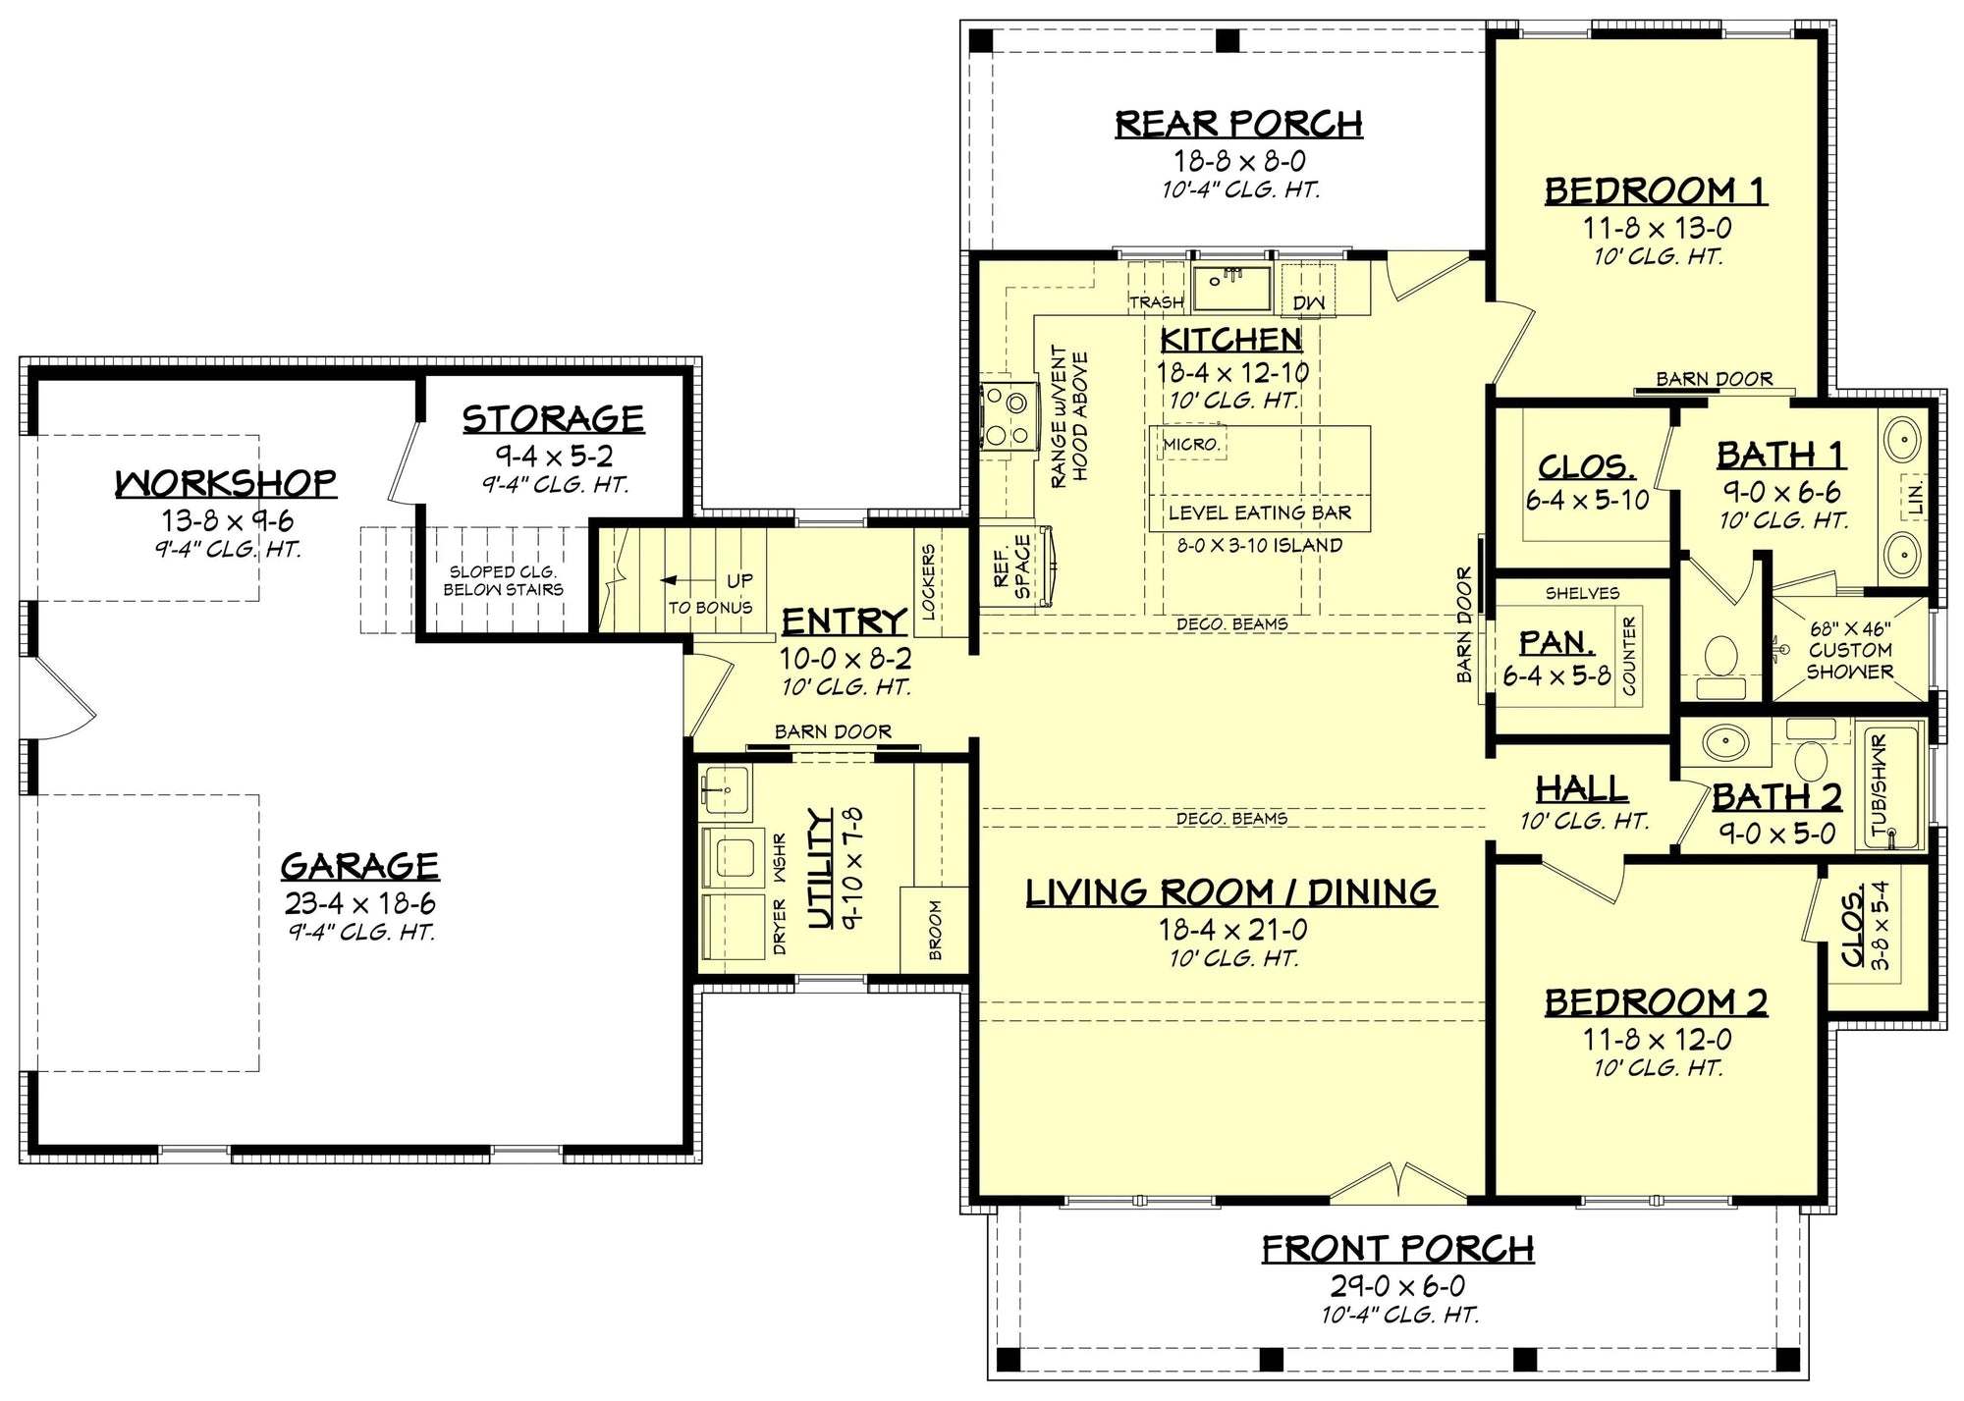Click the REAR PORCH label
1238,124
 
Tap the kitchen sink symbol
1231,286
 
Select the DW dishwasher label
1308,303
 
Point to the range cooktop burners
1008,418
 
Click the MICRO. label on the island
1191,445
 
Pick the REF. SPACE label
1012,566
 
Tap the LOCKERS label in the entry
928,581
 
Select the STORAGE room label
553,419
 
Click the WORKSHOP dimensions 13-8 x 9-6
228,520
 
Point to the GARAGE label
359,866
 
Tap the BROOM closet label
935,931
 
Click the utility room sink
725,789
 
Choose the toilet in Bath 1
1719,657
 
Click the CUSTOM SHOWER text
1849,661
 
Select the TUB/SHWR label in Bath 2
1880,785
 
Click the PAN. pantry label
1556,643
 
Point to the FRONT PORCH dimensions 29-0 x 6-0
1397,1285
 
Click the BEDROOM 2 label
1656,1002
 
